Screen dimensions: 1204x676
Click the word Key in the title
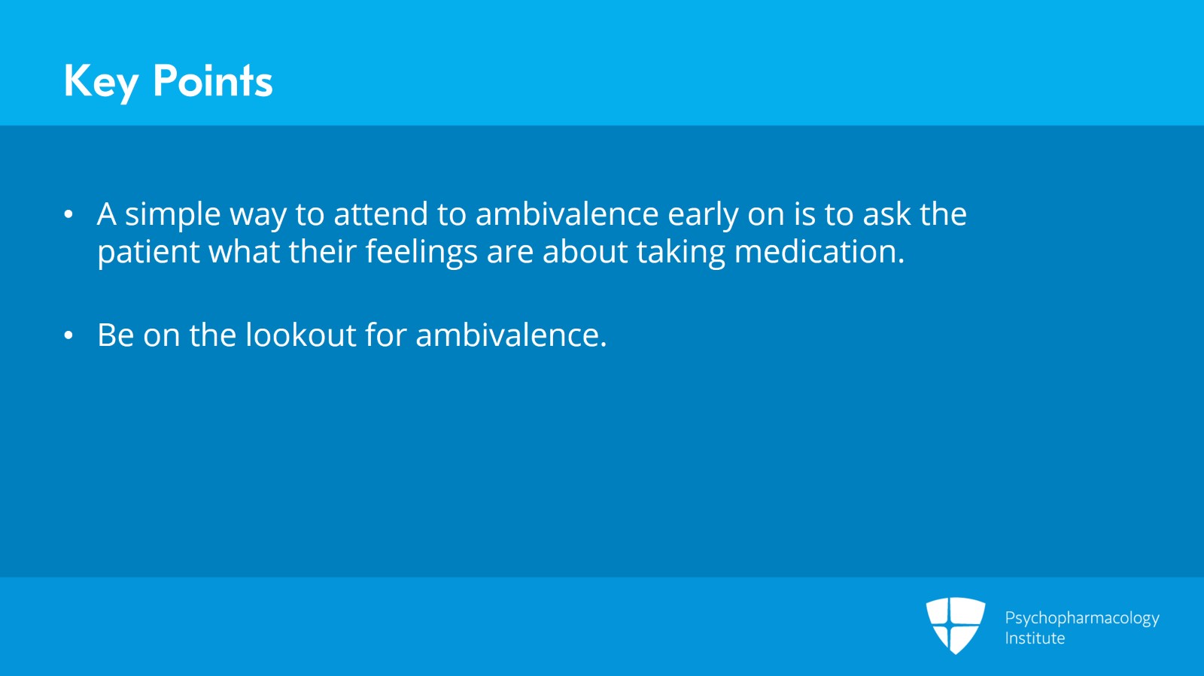(x=101, y=83)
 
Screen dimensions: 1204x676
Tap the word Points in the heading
(x=213, y=80)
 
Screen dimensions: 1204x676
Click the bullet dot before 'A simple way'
(x=68, y=214)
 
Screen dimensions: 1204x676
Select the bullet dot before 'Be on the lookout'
(x=68, y=335)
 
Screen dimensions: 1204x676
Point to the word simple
(x=172, y=215)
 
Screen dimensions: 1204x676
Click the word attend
(x=381, y=214)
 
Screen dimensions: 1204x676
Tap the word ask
(x=887, y=213)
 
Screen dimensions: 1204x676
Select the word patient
(x=148, y=253)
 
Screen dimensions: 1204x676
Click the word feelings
(x=421, y=253)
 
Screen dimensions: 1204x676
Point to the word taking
(x=681, y=253)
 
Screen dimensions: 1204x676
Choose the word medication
(x=819, y=250)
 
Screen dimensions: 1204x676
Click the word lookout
(x=301, y=335)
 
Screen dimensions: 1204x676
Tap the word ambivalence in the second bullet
(x=511, y=335)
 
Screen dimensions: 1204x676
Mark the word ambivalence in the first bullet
(x=567, y=213)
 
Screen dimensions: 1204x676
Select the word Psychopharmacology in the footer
(x=1082, y=619)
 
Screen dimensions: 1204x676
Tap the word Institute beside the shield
(x=1035, y=638)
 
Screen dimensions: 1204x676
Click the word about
(x=585, y=251)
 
